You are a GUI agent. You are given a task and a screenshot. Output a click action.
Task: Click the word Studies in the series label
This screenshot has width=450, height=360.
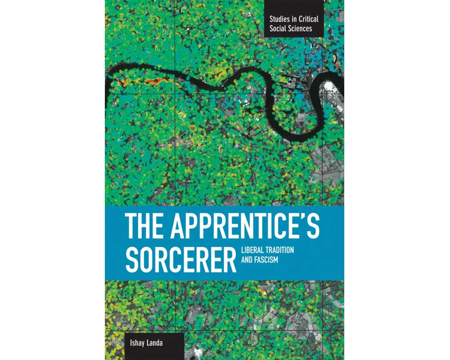[x=277, y=19]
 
